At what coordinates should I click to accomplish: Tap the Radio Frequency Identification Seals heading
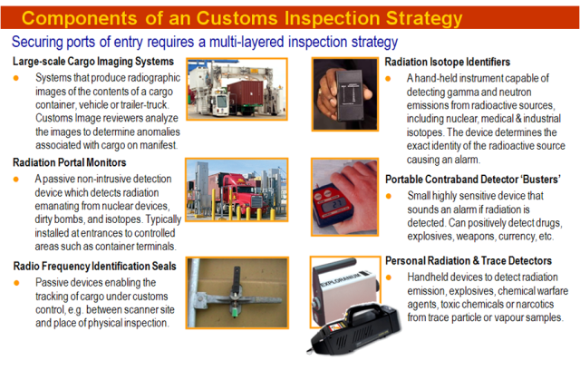100,266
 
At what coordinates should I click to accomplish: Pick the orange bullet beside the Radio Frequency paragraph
17,284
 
